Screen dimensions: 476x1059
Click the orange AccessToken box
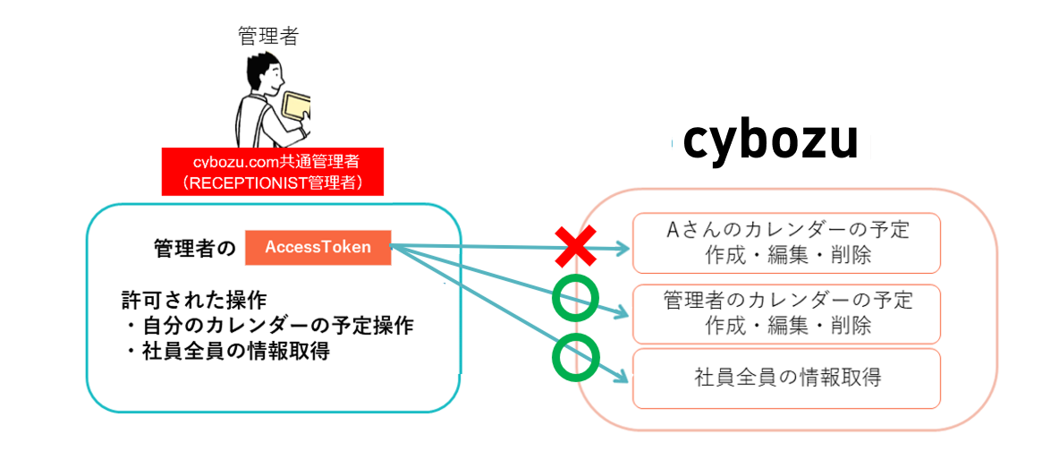(318, 248)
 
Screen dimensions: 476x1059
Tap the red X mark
(575, 247)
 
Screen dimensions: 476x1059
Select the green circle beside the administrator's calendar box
(575, 299)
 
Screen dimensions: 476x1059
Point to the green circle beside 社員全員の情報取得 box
(575, 358)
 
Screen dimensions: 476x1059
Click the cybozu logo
(769, 142)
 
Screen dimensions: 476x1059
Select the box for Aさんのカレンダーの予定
(786, 242)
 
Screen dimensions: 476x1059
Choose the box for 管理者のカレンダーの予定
(786, 313)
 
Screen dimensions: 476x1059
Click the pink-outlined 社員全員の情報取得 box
(786, 378)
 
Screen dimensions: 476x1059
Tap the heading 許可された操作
(194, 298)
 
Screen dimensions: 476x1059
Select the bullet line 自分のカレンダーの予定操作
(268, 324)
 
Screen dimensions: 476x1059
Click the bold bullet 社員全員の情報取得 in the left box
(227, 351)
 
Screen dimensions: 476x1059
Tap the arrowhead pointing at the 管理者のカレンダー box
(622, 312)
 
